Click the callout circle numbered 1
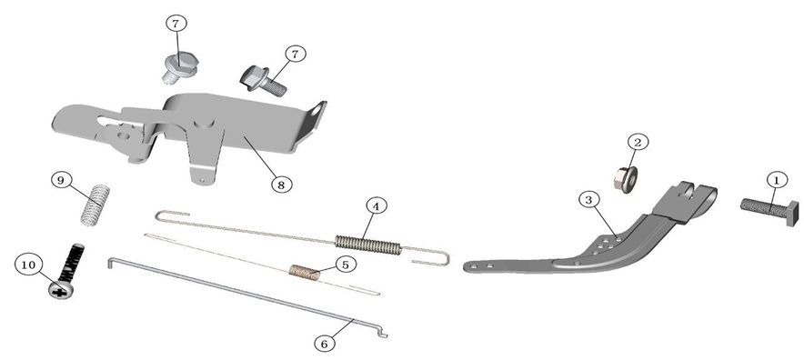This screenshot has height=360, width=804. click(x=777, y=181)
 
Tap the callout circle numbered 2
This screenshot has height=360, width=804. click(x=638, y=142)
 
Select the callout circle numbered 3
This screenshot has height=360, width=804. click(x=589, y=200)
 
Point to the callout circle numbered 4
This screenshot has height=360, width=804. click(x=377, y=206)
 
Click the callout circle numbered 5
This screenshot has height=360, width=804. click(x=345, y=265)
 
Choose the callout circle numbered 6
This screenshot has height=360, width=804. click(x=324, y=344)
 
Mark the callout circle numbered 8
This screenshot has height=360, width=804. click(x=281, y=185)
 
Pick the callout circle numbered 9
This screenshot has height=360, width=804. click(x=61, y=181)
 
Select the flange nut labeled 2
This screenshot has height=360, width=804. click(x=626, y=178)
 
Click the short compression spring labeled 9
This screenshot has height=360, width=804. click(x=95, y=205)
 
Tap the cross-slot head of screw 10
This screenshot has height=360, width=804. click(x=62, y=290)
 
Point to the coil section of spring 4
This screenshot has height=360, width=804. click(x=367, y=245)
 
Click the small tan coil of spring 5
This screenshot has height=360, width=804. click(x=305, y=273)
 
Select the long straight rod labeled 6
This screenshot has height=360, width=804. click(x=247, y=298)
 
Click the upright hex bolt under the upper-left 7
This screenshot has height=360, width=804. click(x=178, y=68)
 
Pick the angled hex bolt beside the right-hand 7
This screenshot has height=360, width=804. click(x=263, y=81)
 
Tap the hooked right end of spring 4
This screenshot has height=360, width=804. click(x=432, y=258)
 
